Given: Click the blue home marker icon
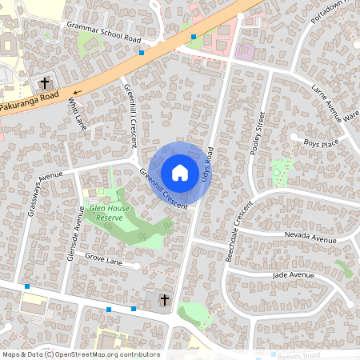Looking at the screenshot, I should pos(180,173).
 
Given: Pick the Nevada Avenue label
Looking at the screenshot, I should pos(311,238).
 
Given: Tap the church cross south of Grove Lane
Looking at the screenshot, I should pos(164,300).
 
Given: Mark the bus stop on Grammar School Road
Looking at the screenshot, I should pos(142,53).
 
